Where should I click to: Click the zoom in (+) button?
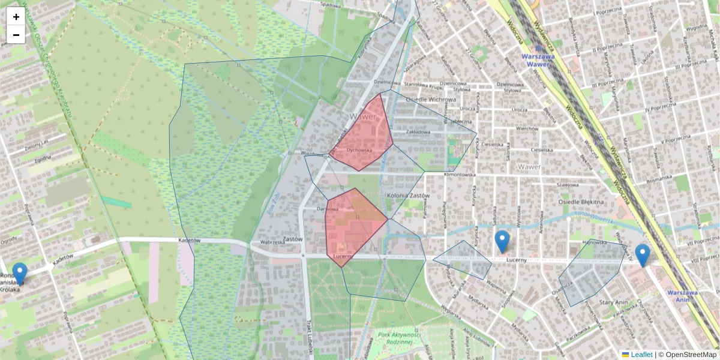click(16, 17)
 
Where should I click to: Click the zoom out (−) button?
click(16, 35)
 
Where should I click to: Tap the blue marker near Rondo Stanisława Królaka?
click(20, 273)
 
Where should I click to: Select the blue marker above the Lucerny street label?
click(502, 241)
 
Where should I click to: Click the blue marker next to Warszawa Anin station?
click(643, 254)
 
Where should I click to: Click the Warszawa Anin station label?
click(685, 296)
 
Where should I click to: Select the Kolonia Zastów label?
click(408, 196)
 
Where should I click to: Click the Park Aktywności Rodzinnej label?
click(396, 338)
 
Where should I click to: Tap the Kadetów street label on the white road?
click(188, 240)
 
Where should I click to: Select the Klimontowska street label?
click(459, 175)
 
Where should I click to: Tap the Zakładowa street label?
click(418, 132)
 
